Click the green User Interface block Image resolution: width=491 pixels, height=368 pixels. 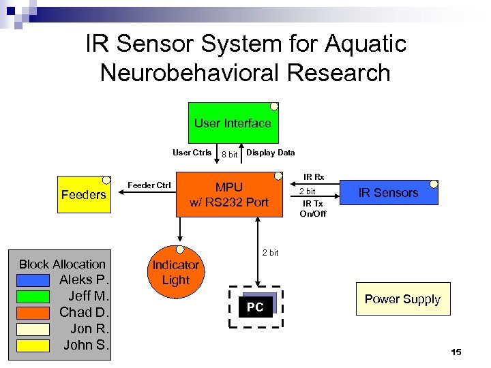point(233,123)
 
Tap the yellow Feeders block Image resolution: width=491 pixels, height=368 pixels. point(83,195)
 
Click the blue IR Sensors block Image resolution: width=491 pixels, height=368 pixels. point(388,193)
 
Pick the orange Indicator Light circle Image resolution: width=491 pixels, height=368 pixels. point(175,272)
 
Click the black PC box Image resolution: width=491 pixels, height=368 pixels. point(255,307)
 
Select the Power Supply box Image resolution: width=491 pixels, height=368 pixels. point(402,299)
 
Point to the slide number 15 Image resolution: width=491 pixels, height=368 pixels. point(456,352)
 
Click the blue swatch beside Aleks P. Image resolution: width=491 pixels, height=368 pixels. point(34,280)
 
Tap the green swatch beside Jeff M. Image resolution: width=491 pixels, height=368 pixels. point(34,296)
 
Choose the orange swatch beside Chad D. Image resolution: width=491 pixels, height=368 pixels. point(34,313)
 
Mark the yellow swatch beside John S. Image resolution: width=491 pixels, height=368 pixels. point(34,346)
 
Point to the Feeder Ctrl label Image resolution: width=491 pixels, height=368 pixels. point(149,185)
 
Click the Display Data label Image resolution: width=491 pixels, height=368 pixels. point(270,153)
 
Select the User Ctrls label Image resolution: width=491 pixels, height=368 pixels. point(192,153)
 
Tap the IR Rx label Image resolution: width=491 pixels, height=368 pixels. point(314,177)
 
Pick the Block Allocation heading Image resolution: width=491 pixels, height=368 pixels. point(62,264)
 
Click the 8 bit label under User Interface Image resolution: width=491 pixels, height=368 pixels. point(229,155)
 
